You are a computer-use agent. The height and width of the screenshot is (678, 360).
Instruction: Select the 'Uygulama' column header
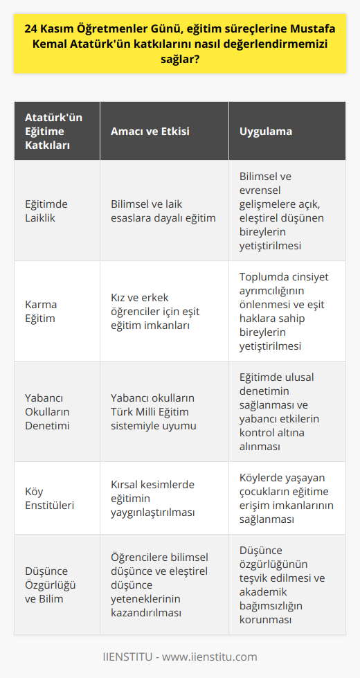[266, 131]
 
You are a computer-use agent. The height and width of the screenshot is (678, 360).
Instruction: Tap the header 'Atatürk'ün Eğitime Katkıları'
[53, 131]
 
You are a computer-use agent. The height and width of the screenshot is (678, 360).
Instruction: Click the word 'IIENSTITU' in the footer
[129, 657]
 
